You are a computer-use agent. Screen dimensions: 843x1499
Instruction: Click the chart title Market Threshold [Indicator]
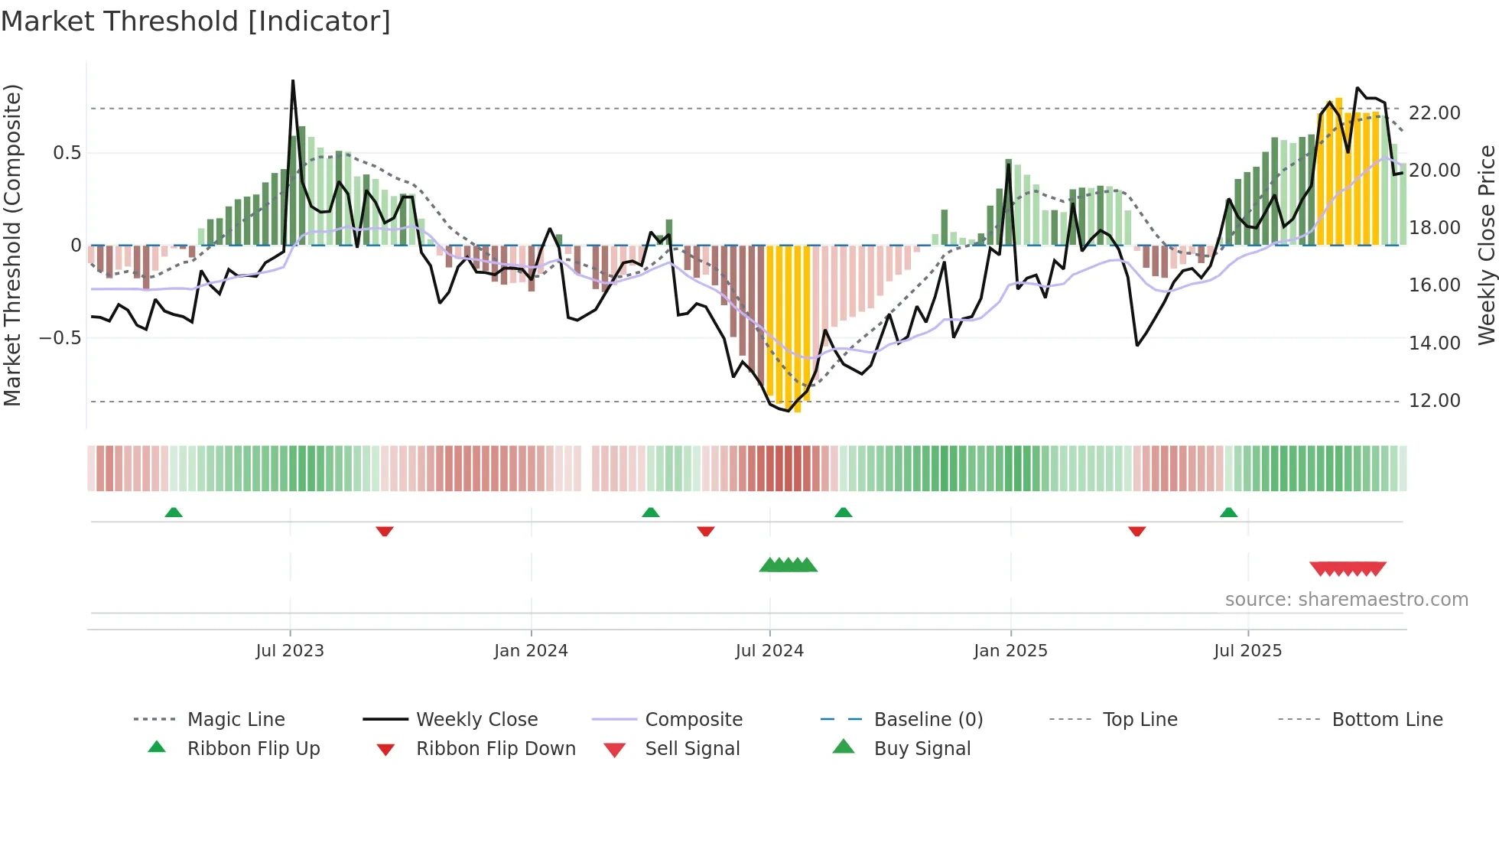tap(196, 21)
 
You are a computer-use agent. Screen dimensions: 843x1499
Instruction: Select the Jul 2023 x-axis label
tap(290, 650)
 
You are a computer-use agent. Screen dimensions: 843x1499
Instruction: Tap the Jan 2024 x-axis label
tap(531, 650)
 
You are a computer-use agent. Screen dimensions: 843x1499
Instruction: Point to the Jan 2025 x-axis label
tap(1010, 650)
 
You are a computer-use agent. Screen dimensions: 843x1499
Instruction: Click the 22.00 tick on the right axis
tap(1434, 112)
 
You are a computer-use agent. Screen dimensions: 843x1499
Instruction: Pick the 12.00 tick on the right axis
tap(1434, 400)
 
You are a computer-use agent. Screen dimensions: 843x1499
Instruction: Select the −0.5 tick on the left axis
tap(60, 337)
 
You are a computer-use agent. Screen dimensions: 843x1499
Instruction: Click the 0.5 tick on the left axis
tap(67, 152)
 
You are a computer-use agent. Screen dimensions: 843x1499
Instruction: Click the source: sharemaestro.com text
tap(1346, 599)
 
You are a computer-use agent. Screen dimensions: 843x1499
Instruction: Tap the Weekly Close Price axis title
tap(1486, 245)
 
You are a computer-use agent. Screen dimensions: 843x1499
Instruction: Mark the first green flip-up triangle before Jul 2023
tap(174, 513)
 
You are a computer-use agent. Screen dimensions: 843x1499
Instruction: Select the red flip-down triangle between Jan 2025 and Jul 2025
tap(1136, 531)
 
